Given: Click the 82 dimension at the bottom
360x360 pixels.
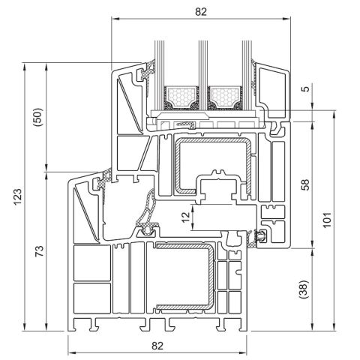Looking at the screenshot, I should point(156,345).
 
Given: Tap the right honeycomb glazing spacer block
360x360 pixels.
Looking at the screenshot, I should point(223,96).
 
